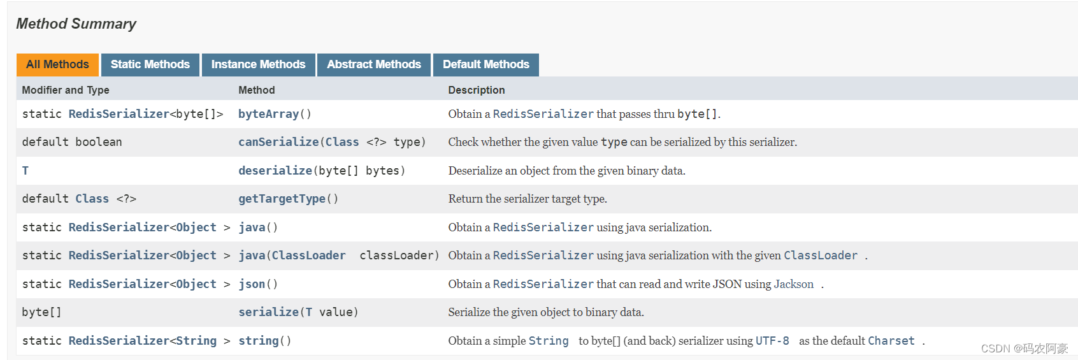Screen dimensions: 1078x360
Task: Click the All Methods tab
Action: tap(57, 64)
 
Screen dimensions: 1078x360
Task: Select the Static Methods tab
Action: tap(150, 64)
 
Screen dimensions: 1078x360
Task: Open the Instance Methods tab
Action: tap(258, 64)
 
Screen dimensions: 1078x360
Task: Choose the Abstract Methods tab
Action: tap(374, 64)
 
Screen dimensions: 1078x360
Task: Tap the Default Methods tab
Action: tap(485, 64)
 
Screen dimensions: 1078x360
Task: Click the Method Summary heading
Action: tap(76, 24)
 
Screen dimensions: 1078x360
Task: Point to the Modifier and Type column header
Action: tap(66, 90)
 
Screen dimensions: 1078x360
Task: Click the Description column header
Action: tap(476, 90)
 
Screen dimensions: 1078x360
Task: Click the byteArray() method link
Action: tap(268, 114)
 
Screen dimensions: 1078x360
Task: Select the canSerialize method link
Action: tap(278, 142)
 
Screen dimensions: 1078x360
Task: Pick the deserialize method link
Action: tap(275, 171)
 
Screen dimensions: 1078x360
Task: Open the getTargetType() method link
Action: tap(282, 199)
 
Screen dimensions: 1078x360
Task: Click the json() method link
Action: tap(252, 284)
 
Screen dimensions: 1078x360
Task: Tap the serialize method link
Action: tap(268, 312)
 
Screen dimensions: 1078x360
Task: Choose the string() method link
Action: tap(258, 341)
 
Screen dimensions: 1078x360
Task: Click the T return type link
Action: tap(25, 171)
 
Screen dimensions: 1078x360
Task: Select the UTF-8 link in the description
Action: tap(772, 341)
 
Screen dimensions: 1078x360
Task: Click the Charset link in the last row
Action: tap(891, 341)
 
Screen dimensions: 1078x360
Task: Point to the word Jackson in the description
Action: tap(793, 284)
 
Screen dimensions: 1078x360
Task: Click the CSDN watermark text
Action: tap(1024, 349)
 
